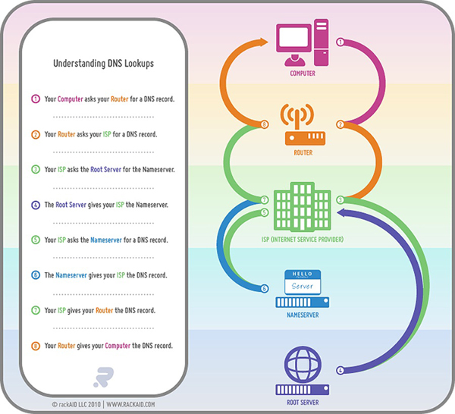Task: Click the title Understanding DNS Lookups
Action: (x=103, y=64)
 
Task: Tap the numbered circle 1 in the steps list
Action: (x=35, y=99)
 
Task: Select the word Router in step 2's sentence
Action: (x=67, y=134)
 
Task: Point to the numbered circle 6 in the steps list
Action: (x=35, y=275)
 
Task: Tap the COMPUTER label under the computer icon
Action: (x=303, y=74)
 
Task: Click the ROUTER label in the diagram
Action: (x=303, y=153)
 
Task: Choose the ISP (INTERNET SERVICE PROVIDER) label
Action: (x=303, y=240)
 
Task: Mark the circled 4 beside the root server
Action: (x=340, y=370)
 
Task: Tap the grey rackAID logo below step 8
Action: (x=103, y=376)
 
